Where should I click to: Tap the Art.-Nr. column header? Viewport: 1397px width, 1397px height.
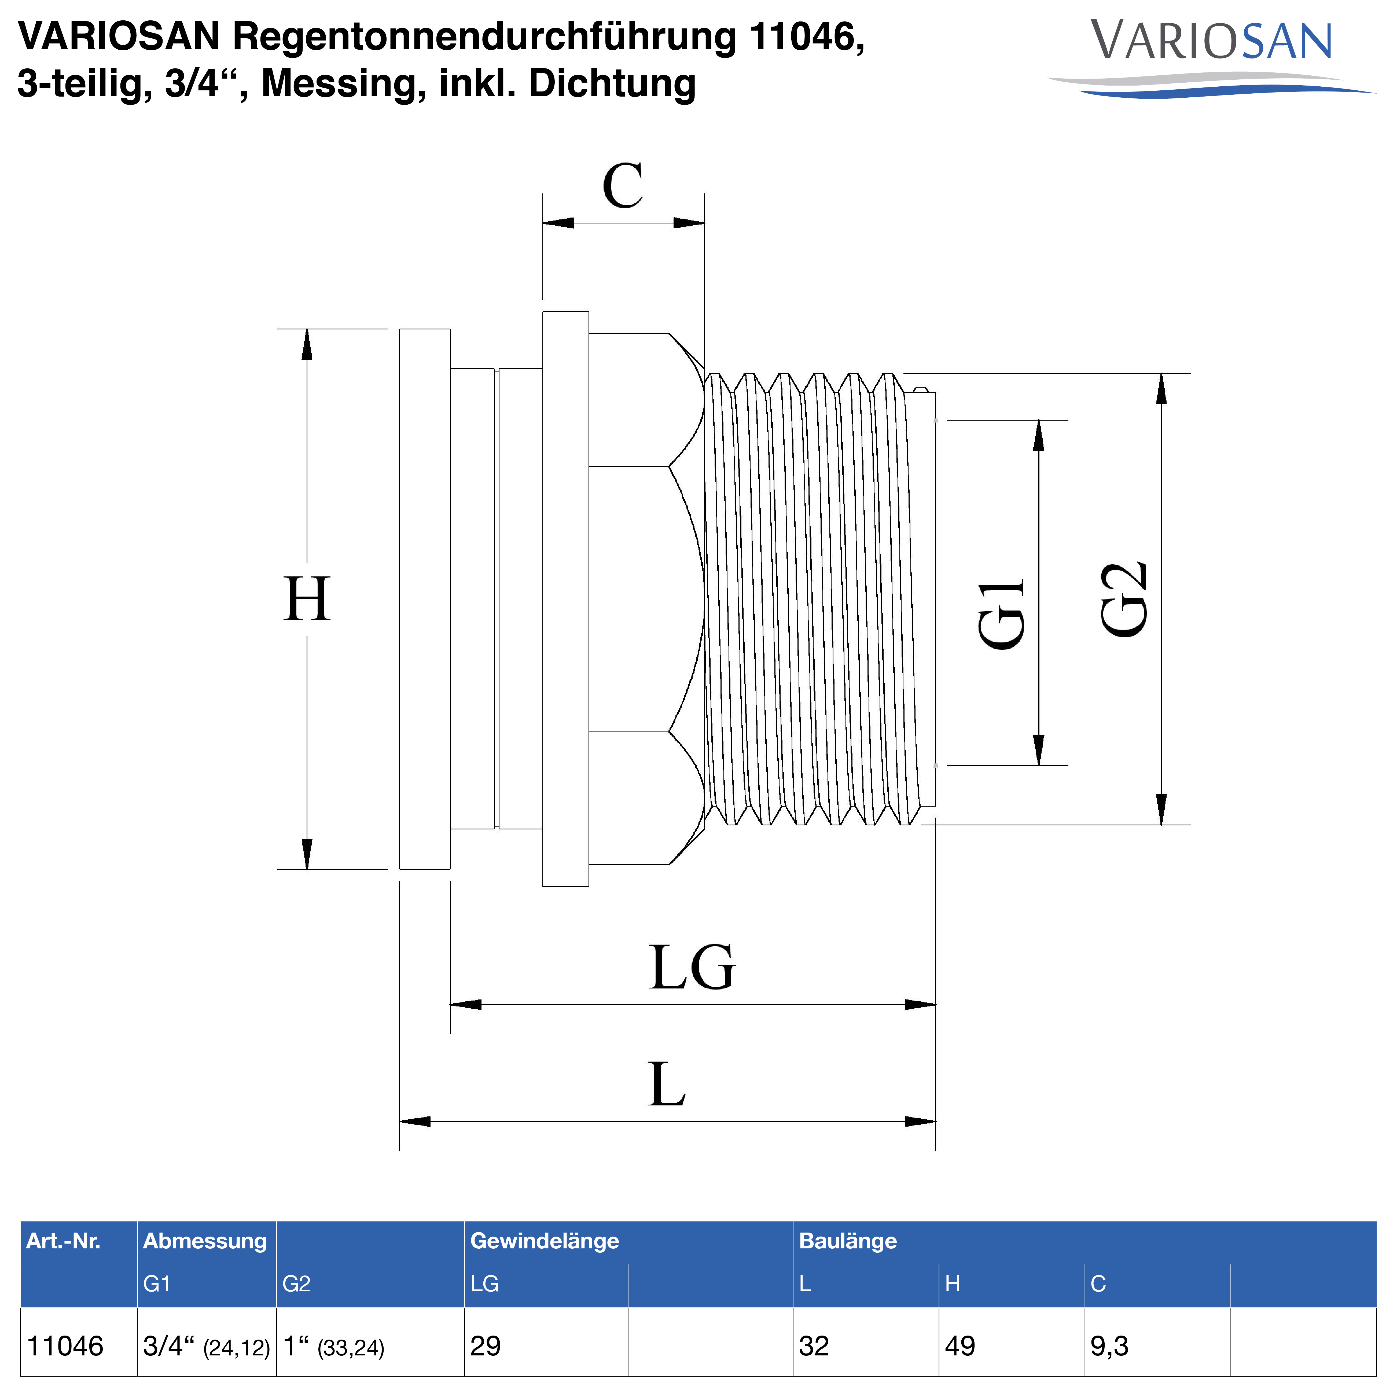click(x=64, y=1241)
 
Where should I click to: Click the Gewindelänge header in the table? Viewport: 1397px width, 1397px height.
click(x=545, y=1241)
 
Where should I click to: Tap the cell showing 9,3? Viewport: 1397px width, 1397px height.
click(x=1109, y=1346)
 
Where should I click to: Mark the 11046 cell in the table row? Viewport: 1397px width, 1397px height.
click(x=65, y=1346)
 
